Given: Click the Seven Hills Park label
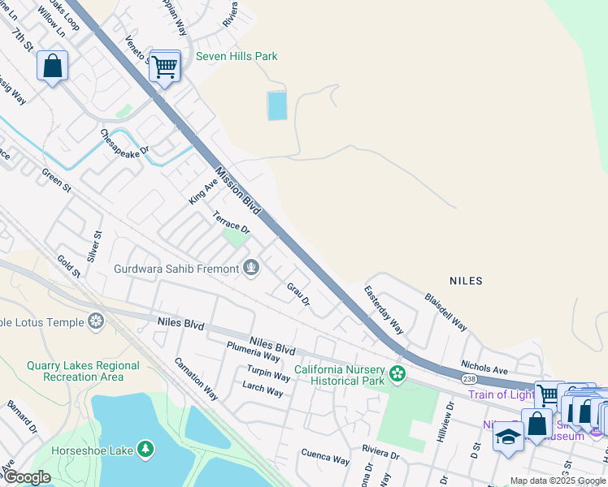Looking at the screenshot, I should click(237, 56).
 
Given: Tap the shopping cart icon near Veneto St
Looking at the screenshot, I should click(164, 67).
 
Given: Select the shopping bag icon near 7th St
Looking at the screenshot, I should click(53, 66).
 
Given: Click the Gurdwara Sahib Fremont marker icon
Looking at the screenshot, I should click(251, 268).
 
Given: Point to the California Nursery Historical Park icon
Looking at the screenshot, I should click(397, 374).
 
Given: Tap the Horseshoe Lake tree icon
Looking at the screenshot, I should click(145, 448).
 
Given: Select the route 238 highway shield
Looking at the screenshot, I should click(468, 378).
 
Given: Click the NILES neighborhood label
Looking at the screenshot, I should click(466, 281).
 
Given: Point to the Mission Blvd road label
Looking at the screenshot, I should click(238, 192).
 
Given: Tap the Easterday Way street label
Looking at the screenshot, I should click(384, 309).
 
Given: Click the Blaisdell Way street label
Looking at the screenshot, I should click(445, 311).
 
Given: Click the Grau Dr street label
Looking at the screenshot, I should click(298, 294).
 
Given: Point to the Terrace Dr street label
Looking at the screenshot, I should click(231, 223).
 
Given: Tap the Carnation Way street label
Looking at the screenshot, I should click(197, 378).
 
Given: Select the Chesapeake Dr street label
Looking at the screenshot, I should click(125, 143).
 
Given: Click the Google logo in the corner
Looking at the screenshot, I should click(27, 477).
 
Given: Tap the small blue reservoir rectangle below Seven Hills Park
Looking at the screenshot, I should click(277, 106).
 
